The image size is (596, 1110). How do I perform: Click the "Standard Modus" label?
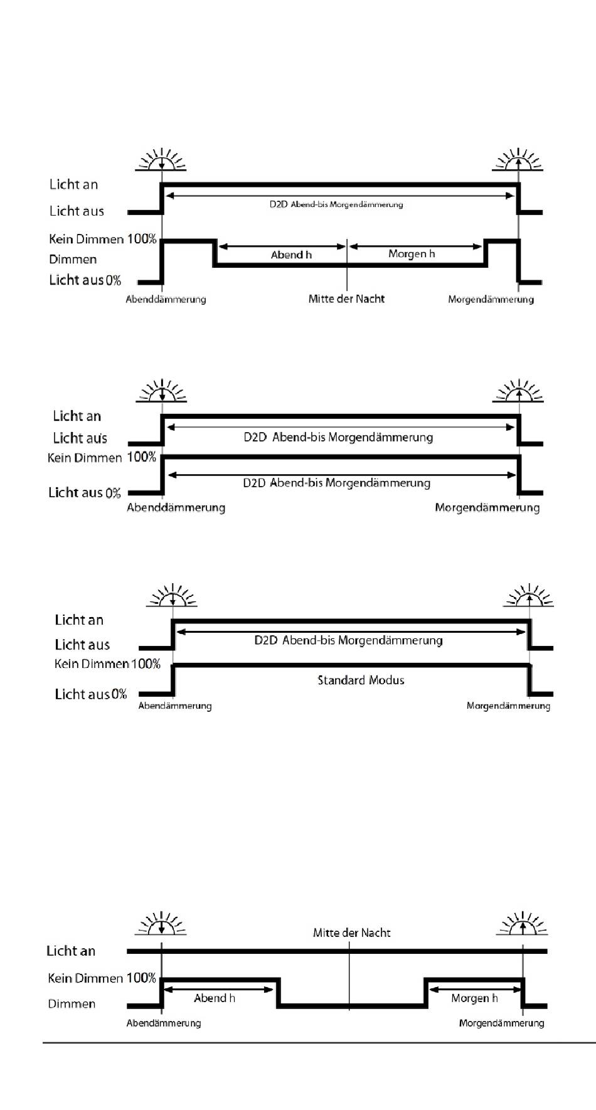[x=361, y=680]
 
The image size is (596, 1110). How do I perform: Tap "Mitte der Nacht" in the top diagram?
[x=346, y=299]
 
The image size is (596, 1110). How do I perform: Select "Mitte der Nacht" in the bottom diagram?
[x=351, y=933]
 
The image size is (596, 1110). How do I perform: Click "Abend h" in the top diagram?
[x=291, y=255]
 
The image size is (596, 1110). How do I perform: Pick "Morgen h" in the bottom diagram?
[x=474, y=998]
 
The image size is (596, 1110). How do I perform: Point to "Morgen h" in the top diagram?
[x=412, y=254]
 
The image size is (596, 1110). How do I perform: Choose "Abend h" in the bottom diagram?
[x=215, y=998]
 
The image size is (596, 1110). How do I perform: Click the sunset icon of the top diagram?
[x=162, y=160]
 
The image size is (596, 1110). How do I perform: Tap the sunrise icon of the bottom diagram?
[x=522, y=924]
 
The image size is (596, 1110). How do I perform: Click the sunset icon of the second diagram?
[x=162, y=391]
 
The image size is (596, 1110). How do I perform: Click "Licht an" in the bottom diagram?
[x=71, y=951]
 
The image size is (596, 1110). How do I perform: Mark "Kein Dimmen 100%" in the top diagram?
[x=103, y=239]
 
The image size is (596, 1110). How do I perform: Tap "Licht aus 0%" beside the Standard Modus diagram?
[x=91, y=694]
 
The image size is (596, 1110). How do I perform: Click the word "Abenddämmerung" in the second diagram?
[x=176, y=507]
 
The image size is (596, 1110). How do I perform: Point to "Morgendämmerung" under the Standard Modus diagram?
[x=508, y=706]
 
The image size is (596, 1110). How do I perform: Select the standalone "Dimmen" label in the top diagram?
[x=73, y=259]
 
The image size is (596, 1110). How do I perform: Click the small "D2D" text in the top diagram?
[x=279, y=204]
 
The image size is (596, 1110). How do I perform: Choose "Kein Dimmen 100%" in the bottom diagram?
[x=102, y=978]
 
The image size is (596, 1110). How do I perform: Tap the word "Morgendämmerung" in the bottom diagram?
[x=501, y=1023]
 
